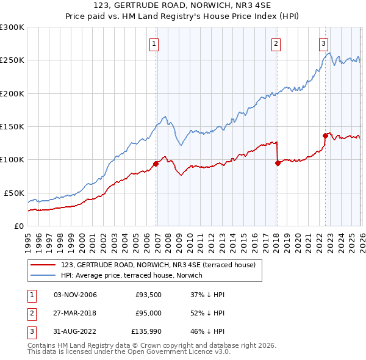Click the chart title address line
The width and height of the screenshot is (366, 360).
(183, 7)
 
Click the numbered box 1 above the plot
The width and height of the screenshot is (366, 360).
(154, 43)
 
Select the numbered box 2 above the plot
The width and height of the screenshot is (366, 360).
(276, 43)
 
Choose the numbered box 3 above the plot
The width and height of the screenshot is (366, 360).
(323, 43)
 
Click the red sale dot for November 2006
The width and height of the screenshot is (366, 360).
(156, 164)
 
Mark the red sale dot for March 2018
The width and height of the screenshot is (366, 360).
(278, 163)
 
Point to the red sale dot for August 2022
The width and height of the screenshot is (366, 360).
(325, 136)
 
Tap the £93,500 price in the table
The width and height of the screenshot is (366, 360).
(148, 295)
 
